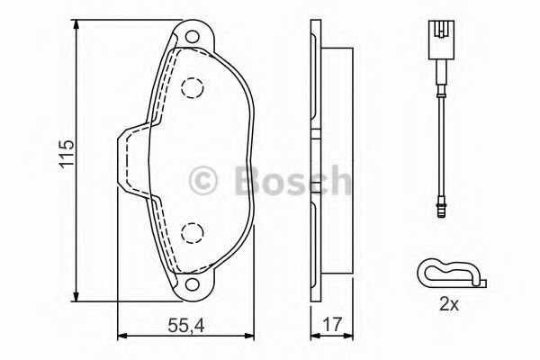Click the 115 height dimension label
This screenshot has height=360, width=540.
[67, 154]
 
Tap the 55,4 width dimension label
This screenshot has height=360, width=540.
[186, 325]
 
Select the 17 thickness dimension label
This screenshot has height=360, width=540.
[333, 324]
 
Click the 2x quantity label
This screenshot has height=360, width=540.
[449, 305]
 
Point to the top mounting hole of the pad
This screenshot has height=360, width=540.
[192, 37]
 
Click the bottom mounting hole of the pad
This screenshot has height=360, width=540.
[192, 284]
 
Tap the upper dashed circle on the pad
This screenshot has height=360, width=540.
[192, 88]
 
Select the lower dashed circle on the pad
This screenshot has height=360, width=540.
[192, 233]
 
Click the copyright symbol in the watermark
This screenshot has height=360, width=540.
[202, 180]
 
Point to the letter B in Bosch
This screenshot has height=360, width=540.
[248, 180]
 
